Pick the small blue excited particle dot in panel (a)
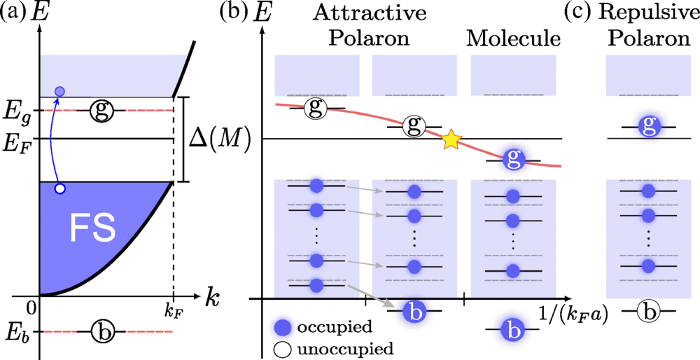[60, 91]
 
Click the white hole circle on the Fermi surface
[60, 188]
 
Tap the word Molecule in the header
[514, 39]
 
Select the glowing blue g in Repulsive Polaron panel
[649, 127]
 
